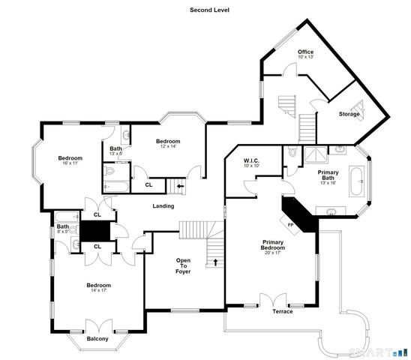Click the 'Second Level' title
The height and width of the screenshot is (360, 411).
(x=209, y=10)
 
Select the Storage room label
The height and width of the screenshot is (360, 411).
(x=349, y=114)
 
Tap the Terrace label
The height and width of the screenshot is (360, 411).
(x=283, y=311)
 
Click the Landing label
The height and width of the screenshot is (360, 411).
(x=163, y=206)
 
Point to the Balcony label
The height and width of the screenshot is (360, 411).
(x=97, y=339)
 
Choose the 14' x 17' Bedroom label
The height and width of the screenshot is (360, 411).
(x=98, y=287)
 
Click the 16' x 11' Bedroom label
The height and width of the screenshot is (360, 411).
(x=70, y=160)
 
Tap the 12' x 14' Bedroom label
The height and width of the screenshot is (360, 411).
(x=168, y=143)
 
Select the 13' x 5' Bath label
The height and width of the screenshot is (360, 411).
(x=116, y=150)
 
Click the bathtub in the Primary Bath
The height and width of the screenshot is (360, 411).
(x=358, y=181)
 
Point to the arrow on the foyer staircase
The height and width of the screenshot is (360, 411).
(x=217, y=262)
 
